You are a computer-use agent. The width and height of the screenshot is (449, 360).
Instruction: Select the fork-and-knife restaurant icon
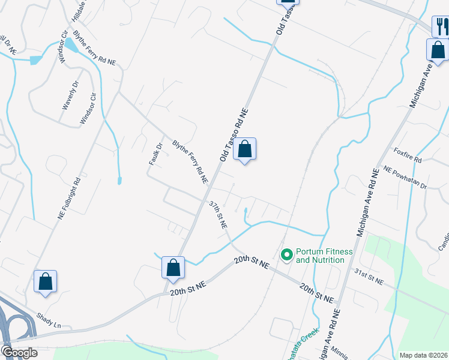[x=442, y=26]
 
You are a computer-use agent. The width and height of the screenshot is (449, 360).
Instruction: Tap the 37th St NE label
[x=218, y=215]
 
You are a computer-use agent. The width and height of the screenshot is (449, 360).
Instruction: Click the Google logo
[x=19, y=352]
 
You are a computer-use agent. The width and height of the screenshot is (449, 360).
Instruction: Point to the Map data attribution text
[x=423, y=355]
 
